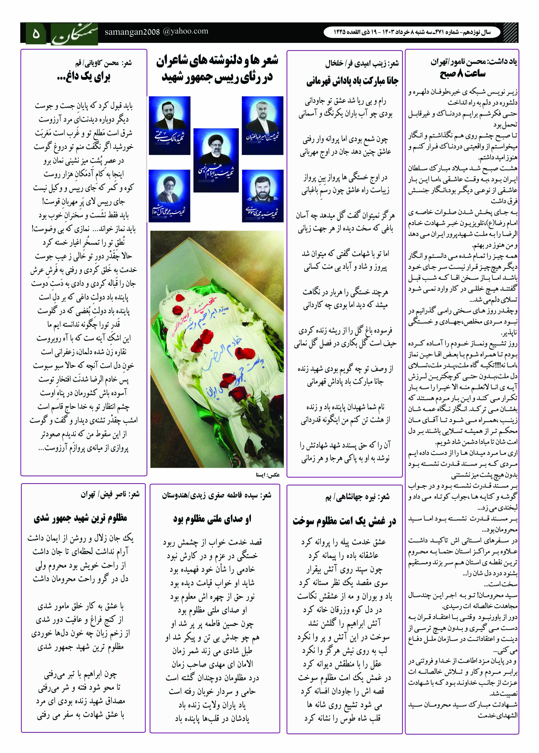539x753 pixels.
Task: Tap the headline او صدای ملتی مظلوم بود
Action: [x=212, y=518]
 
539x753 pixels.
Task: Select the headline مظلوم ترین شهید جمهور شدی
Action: [x=81, y=518]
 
